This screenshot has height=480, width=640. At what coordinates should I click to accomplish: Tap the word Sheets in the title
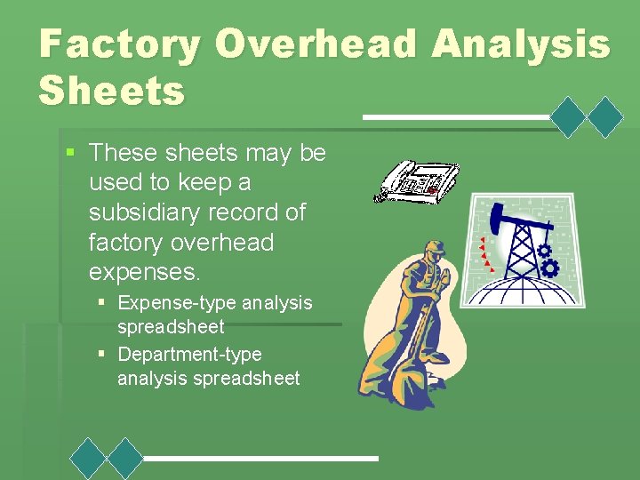click(x=112, y=91)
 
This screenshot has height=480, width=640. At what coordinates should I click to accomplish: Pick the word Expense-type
click(x=177, y=302)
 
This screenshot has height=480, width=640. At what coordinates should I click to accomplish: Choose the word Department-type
click(x=189, y=354)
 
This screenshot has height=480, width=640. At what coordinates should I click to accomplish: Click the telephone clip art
click(x=417, y=181)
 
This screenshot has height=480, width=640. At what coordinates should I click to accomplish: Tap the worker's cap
click(x=435, y=246)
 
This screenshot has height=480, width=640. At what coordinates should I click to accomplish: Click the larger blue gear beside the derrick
click(x=550, y=267)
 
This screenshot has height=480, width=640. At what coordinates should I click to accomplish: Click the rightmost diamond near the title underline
click(x=606, y=116)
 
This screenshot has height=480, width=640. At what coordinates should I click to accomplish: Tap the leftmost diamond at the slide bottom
click(x=89, y=459)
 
